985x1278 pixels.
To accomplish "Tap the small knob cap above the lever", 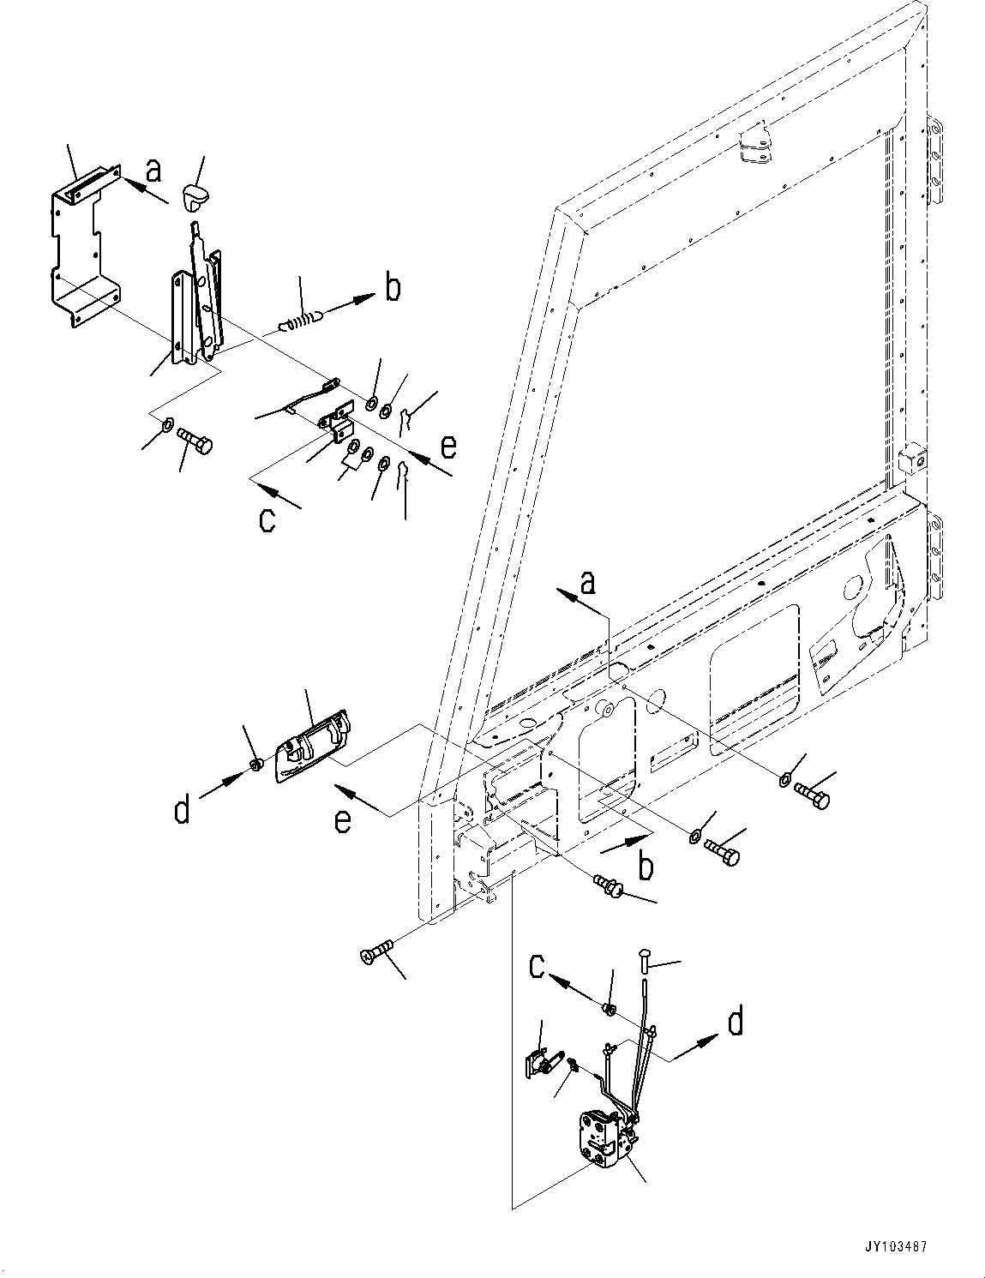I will pyautogui.click(x=197, y=199).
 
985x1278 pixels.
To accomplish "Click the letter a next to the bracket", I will pyautogui.click(x=153, y=170).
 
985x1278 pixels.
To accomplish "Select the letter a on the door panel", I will pyautogui.click(x=588, y=584).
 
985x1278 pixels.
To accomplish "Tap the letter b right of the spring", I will pyautogui.click(x=392, y=288).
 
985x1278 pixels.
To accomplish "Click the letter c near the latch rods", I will pyautogui.click(x=537, y=967).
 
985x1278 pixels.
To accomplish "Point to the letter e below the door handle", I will pyautogui.click(x=342, y=820).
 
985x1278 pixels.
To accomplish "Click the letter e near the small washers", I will pyautogui.click(x=447, y=447).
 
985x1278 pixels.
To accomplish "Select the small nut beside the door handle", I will pyautogui.click(x=255, y=765).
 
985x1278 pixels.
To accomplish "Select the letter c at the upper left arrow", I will pyautogui.click(x=267, y=519).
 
